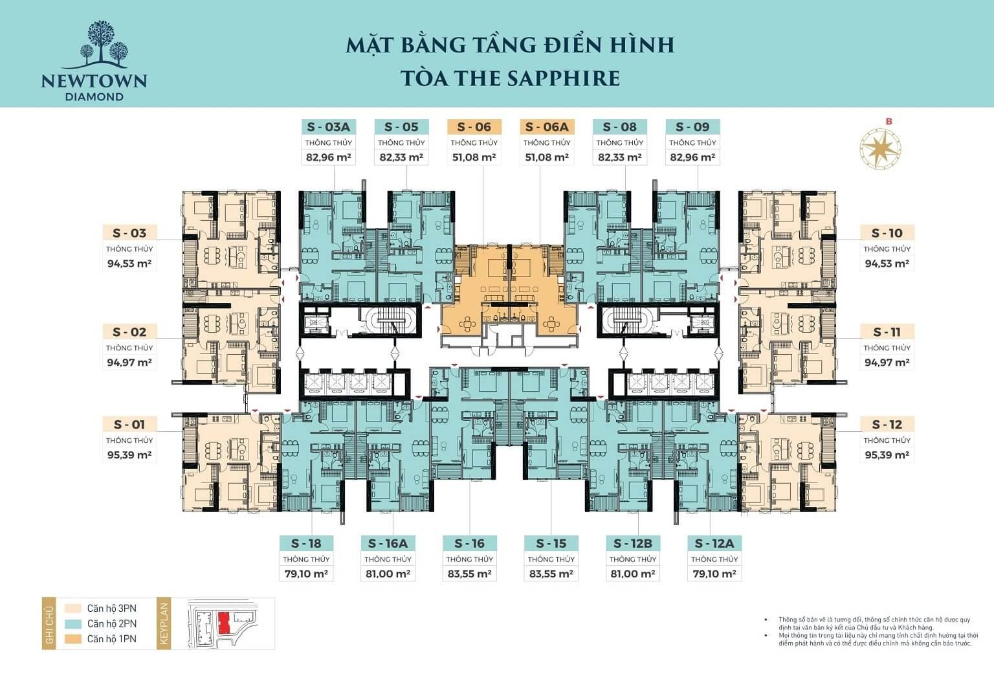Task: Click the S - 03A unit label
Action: [328, 127]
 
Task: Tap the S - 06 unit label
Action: [474, 127]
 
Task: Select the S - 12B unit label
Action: [633, 543]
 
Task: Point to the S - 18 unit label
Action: [306, 543]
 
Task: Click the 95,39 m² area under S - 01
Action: [129, 455]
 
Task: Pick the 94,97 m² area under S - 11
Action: [887, 363]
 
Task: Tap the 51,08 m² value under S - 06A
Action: [547, 157]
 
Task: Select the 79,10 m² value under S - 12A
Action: [714, 574]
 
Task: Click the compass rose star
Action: [880, 148]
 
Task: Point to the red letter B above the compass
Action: [889, 121]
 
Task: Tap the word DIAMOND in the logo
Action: [94, 96]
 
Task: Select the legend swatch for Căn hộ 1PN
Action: [72, 639]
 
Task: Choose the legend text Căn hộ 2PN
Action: [112, 623]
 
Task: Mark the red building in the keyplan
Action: [224, 623]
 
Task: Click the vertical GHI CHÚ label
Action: [49, 624]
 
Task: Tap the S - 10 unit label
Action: [887, 233]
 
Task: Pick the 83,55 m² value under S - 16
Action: [469, 574]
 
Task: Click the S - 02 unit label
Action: [129, 332]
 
